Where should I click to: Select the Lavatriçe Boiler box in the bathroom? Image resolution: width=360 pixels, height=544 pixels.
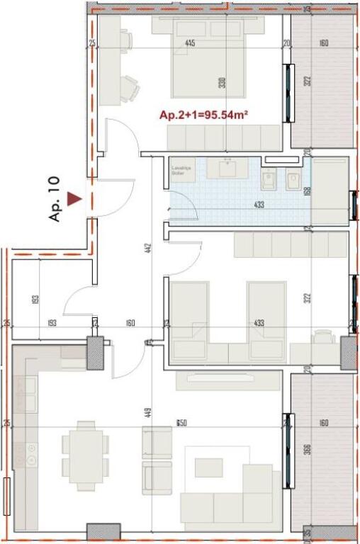pyautogui.click(x=183, y=171)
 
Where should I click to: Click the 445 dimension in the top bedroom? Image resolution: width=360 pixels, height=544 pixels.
pyautogui.click(x=190, y=44)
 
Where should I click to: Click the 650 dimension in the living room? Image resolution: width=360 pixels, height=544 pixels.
pyautogui.click(x=181, y=424)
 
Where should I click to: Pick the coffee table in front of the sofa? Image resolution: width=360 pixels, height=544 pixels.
pyautogui.click(x=209, y=467)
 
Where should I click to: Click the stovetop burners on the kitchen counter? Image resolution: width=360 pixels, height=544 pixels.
pyautogui.click(x=30, y=453)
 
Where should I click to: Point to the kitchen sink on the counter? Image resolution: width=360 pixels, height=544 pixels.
pyautogui.click(x=30, y=394)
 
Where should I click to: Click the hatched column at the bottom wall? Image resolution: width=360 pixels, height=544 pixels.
pyautogui.click(x=103, y=532)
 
